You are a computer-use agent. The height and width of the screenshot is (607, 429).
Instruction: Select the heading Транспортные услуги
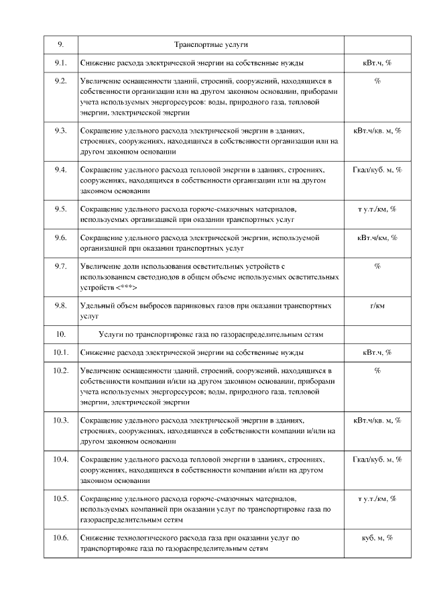211,44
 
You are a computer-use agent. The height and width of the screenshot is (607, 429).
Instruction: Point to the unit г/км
377,306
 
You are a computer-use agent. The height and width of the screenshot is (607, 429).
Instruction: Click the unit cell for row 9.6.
377,237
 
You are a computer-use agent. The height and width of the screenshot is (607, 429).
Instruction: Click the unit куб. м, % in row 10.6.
377,538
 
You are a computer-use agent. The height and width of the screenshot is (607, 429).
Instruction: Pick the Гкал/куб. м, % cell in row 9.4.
377,170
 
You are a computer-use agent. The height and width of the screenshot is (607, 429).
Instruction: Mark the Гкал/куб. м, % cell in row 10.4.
377,459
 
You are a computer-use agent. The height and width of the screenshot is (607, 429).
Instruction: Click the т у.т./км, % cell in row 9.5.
377,209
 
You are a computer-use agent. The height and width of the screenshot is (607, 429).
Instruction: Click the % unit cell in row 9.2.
377,81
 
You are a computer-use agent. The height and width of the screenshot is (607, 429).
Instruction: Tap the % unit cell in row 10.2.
377,370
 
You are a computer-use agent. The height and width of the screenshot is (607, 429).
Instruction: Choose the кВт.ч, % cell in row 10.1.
377,352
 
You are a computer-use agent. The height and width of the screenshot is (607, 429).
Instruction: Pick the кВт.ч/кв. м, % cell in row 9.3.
377,130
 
